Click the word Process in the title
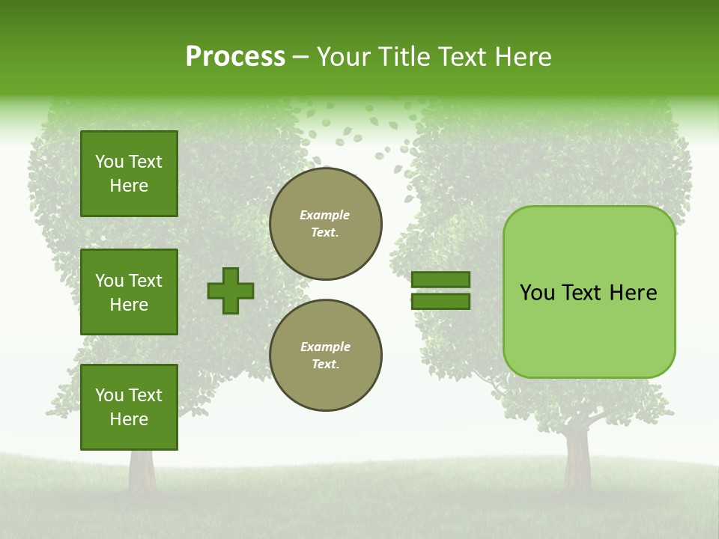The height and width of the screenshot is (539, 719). (235, 57)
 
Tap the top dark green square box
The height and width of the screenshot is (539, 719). (129, 174)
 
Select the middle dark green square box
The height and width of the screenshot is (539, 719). (129, 292)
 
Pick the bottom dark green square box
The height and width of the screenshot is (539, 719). (129, 407)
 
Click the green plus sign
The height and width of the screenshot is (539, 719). (231, 290)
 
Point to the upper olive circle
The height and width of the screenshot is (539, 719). (326, 224)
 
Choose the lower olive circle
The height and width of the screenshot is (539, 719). (326, 356)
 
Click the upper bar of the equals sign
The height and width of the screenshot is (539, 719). (440, 279)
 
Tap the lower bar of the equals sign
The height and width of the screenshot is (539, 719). (440, 302)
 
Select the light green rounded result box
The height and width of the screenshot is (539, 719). (589, 292)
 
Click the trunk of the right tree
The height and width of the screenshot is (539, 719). (577, 457)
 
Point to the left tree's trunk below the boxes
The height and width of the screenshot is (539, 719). (141, 469)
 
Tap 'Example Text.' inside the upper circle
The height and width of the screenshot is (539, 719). (325, 224)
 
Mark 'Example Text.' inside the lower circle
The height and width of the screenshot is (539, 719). (325, 356)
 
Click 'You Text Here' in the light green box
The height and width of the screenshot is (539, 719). (589, 293)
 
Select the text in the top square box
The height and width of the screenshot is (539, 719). (129, 174)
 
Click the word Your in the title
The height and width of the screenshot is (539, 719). (344, 57)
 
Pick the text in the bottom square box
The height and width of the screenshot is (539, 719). (129, 407)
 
